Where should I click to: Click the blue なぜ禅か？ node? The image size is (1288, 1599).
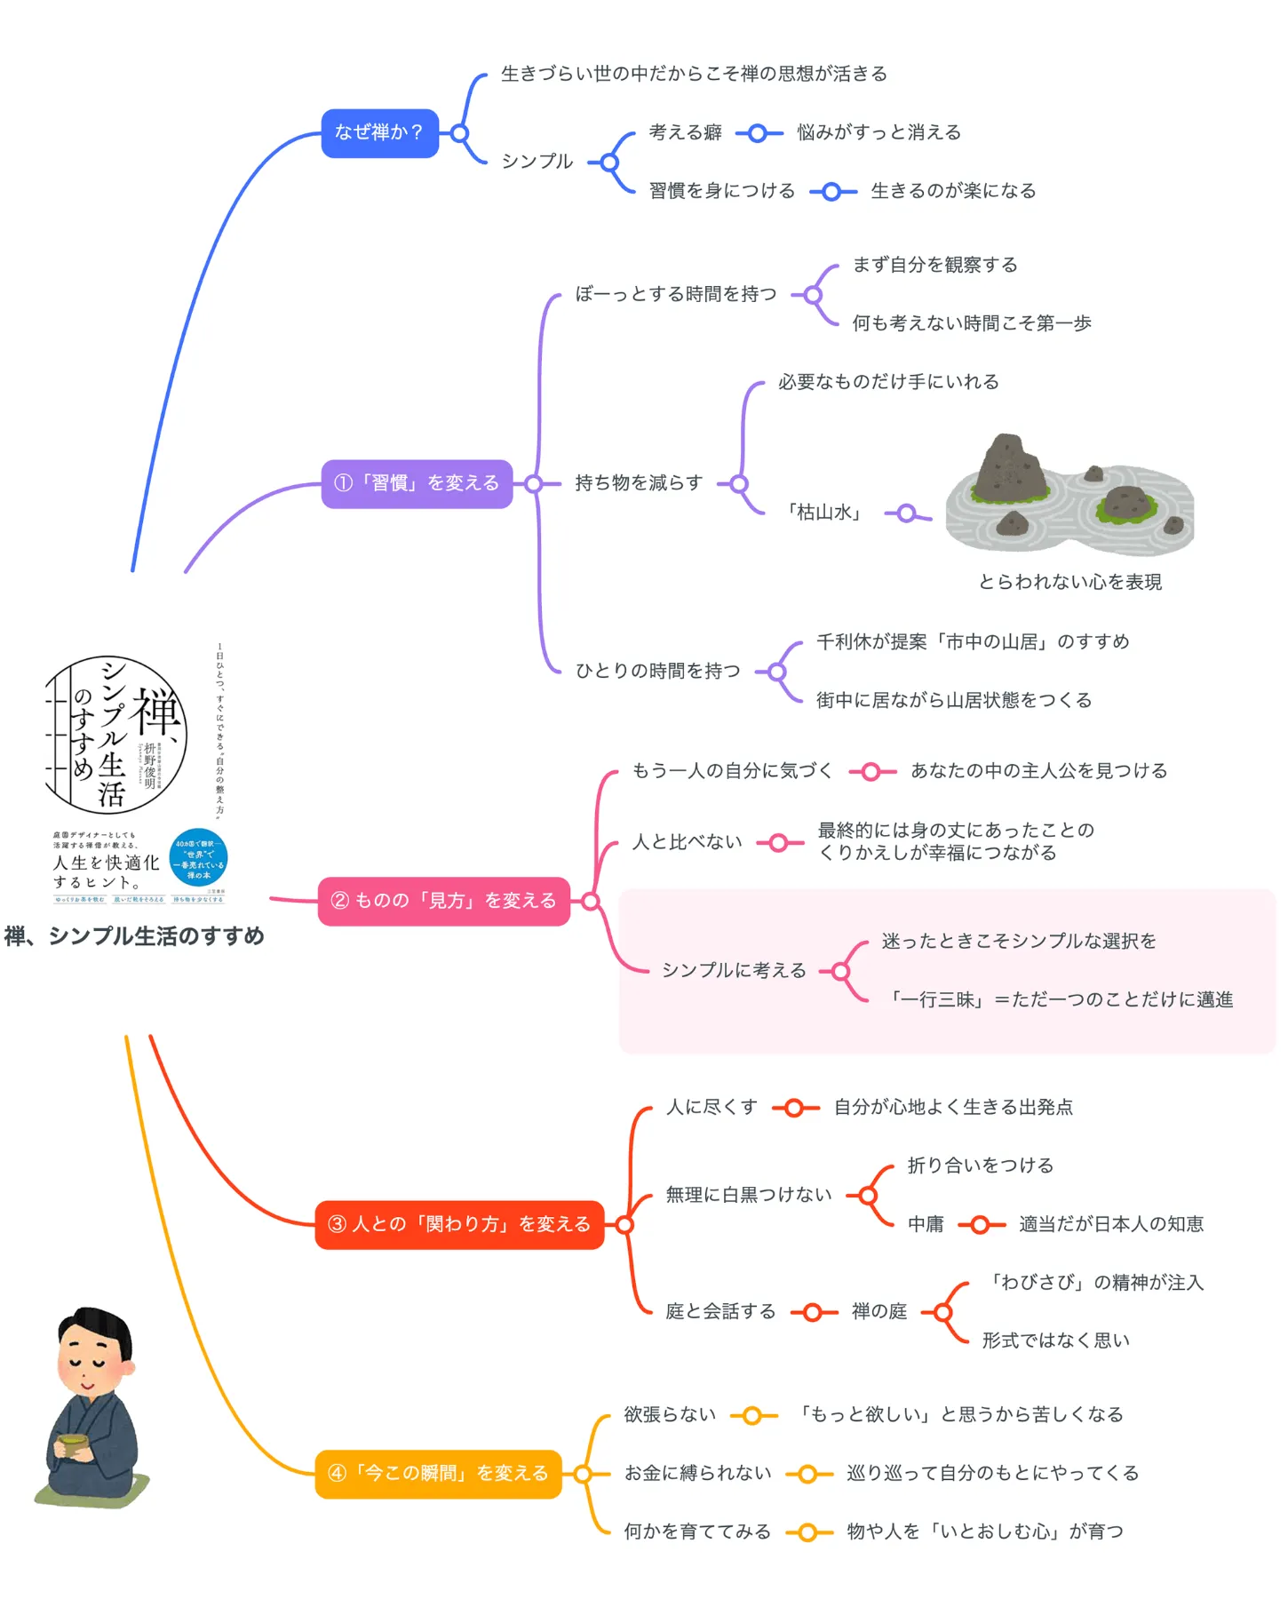(x=379, y=133)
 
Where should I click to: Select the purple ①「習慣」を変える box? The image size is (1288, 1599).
(x=417, y=484)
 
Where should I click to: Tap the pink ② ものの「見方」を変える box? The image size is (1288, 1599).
(x=443, y=902)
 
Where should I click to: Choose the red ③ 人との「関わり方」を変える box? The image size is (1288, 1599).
(x=459, y=1225)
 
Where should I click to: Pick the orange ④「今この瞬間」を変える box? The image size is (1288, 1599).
(x=438, y=1474)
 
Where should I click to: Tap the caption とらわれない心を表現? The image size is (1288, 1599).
(x=1069, y=583)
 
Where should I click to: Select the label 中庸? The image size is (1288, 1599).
(x=925, y=1225)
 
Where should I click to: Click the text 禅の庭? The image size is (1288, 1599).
(x=879, y=1312)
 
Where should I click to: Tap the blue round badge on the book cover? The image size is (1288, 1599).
(x=198, y=858)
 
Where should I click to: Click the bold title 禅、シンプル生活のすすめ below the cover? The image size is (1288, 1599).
(x=134, y=936)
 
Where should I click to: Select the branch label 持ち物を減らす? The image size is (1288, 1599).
(x=638, y=483)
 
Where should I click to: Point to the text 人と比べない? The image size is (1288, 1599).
(x=687, y=842)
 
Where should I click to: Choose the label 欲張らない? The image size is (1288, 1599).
(x=669, y=1415)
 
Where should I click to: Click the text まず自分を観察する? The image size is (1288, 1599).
(x=934, y=265)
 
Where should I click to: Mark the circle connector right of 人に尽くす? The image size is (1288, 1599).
(x=794, y=1108)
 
